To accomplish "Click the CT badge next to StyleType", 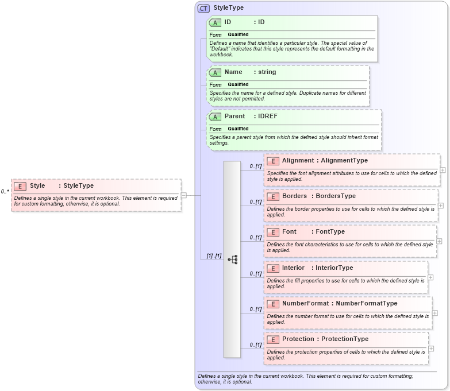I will [x=203, y=8].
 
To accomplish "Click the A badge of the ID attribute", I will [x=216, y=22].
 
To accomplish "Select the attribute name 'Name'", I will [x=233, y=72].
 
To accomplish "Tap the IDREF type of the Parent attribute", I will [x=268, y=117].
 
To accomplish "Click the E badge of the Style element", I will [x=20, y=186].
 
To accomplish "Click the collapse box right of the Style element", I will [x=184, y=195].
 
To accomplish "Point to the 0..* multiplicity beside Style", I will [x=5, y=192].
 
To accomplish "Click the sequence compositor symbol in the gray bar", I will [x=232, y=260].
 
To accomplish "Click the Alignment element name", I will [x=298, y=161].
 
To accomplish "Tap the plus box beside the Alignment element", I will [x=443, y=170].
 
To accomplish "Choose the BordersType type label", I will [x=336, y=196].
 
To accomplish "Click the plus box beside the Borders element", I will [x=441, y=206].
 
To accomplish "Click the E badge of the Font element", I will [x=273, y=232].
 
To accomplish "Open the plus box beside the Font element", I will [x=439, y=241].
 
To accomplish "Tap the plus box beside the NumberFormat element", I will [x=435, y=313].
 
